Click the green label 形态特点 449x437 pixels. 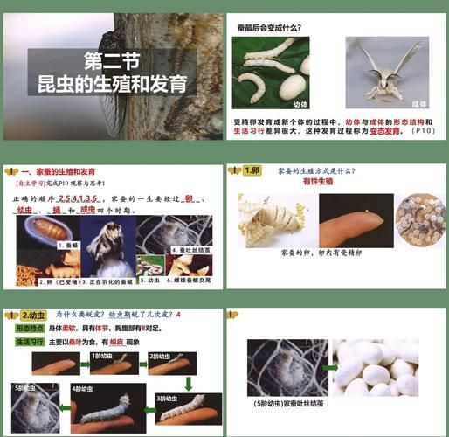[30, 326]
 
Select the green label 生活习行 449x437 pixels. [30, 342]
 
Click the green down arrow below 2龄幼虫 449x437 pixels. [188, 383]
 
